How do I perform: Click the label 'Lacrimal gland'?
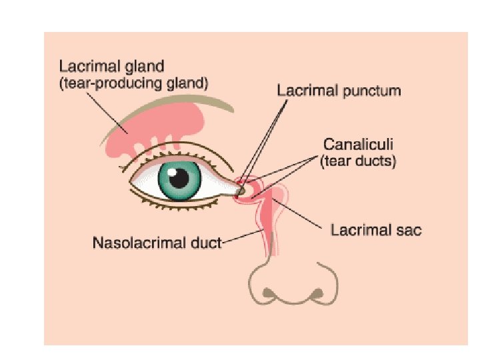112,67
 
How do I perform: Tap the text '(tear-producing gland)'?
134,84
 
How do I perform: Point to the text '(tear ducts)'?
358,161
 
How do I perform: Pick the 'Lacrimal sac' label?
376,230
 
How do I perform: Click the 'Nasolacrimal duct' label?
156,242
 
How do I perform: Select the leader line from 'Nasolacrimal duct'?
243,237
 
